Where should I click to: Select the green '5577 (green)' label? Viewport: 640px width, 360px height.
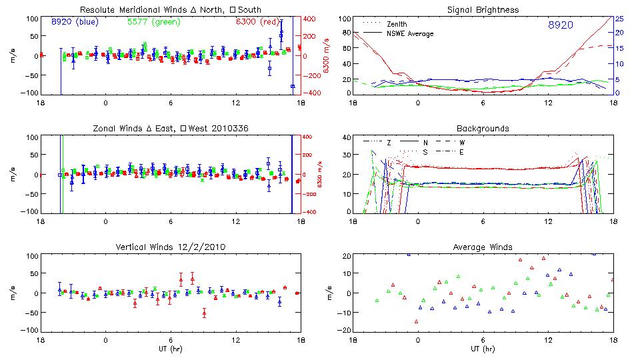tap(152, 22)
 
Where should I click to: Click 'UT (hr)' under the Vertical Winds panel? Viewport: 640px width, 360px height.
tap(170, 349)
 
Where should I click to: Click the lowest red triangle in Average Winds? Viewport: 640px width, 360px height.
tap(417, 321)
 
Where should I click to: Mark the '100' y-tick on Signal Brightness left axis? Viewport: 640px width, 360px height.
tap(344, 19)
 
